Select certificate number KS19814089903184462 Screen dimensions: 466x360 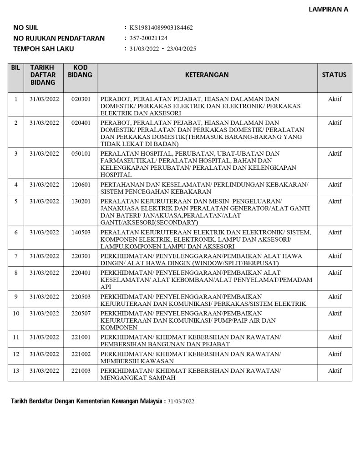tap(161, 28)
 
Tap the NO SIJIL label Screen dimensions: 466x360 tap(26, 28)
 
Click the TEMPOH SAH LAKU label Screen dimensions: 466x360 tap(43, 49)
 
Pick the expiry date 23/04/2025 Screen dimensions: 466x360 tap(181, 49)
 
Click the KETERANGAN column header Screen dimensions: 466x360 tap(207, 75)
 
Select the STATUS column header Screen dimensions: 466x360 tap(334, 75)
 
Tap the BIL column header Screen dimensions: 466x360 tap(15, 67)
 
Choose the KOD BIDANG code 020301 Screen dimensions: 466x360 tap(81, 99)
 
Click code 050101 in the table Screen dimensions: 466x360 tap(81, 154)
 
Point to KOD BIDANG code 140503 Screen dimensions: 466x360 tap(81, 233)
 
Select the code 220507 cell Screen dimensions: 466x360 tap(81, 314)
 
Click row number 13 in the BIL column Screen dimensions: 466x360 tap(15, 371)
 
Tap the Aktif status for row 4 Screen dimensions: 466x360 tap(335, 184)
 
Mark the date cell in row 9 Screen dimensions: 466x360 tap(44, 297)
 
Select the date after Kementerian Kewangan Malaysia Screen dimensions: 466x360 tap(181, 402)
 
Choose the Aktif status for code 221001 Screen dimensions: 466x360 tap(335, 337)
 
